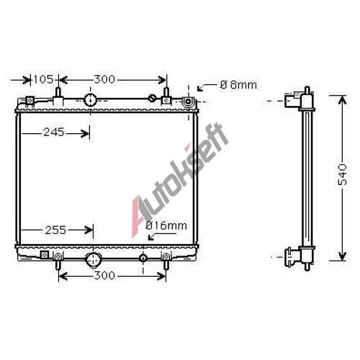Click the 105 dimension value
(x=43, y=79)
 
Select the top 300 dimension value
(x=104, y=79)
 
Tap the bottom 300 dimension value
(x=104, y=275)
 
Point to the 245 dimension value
(x=54, y=132)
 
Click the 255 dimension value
(x=55, y=230)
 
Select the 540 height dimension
(x=343, y=174)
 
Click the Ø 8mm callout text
(x=238, y=85)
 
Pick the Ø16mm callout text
(x=166, y=226)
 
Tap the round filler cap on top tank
(x=90, y=99)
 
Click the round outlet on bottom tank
(x=93, y=260)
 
